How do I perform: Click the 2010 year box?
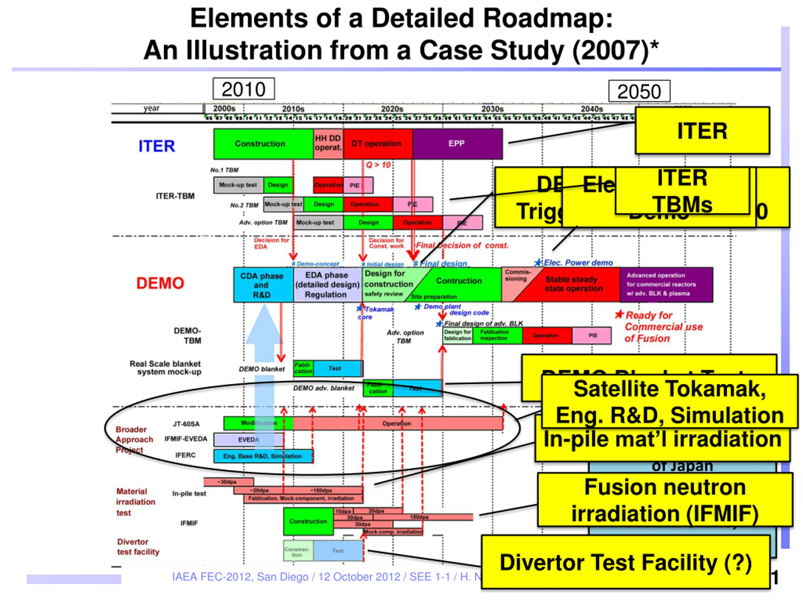244,89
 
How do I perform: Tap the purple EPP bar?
457,144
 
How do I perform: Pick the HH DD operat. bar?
328,144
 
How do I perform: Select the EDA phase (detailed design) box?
327,285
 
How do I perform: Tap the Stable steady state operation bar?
574,284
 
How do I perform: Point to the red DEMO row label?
160,283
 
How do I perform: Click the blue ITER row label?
157,146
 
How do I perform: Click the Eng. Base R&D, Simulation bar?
263,456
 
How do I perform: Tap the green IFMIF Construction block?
308,521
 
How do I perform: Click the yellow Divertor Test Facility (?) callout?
625,562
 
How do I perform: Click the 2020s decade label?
392,109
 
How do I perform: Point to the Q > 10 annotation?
378,165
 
